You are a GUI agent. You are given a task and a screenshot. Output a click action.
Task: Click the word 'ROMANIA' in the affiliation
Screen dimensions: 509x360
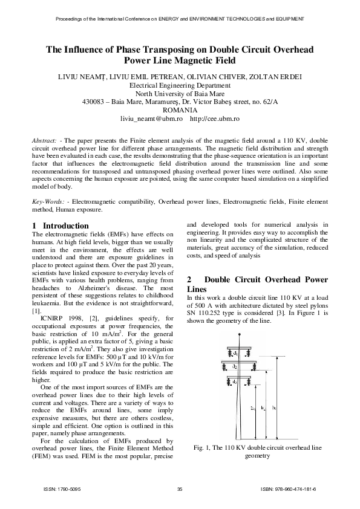[x=180, y=111]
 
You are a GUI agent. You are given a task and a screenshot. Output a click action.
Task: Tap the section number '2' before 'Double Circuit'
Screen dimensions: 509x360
[x=189, y=280]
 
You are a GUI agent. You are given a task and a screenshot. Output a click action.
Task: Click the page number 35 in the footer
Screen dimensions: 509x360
[x=180, y=488]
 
